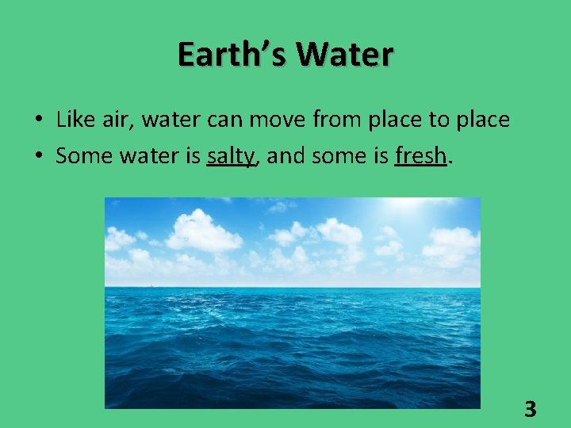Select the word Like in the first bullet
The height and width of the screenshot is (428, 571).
[x=74, y=120]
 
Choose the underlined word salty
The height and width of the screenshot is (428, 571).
[x=231, y=157]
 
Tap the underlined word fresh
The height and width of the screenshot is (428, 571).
[x=420, y=156]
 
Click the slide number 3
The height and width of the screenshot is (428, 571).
[x=531, y=410]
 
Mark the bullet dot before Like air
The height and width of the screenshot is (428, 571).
[x=38, y=120]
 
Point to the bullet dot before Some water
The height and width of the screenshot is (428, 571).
[x=38, y=157]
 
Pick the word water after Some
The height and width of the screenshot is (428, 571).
[x=144, y=156]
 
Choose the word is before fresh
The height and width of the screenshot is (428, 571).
[x=379, y=156]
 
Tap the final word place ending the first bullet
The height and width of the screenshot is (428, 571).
[x=482, y=120]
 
